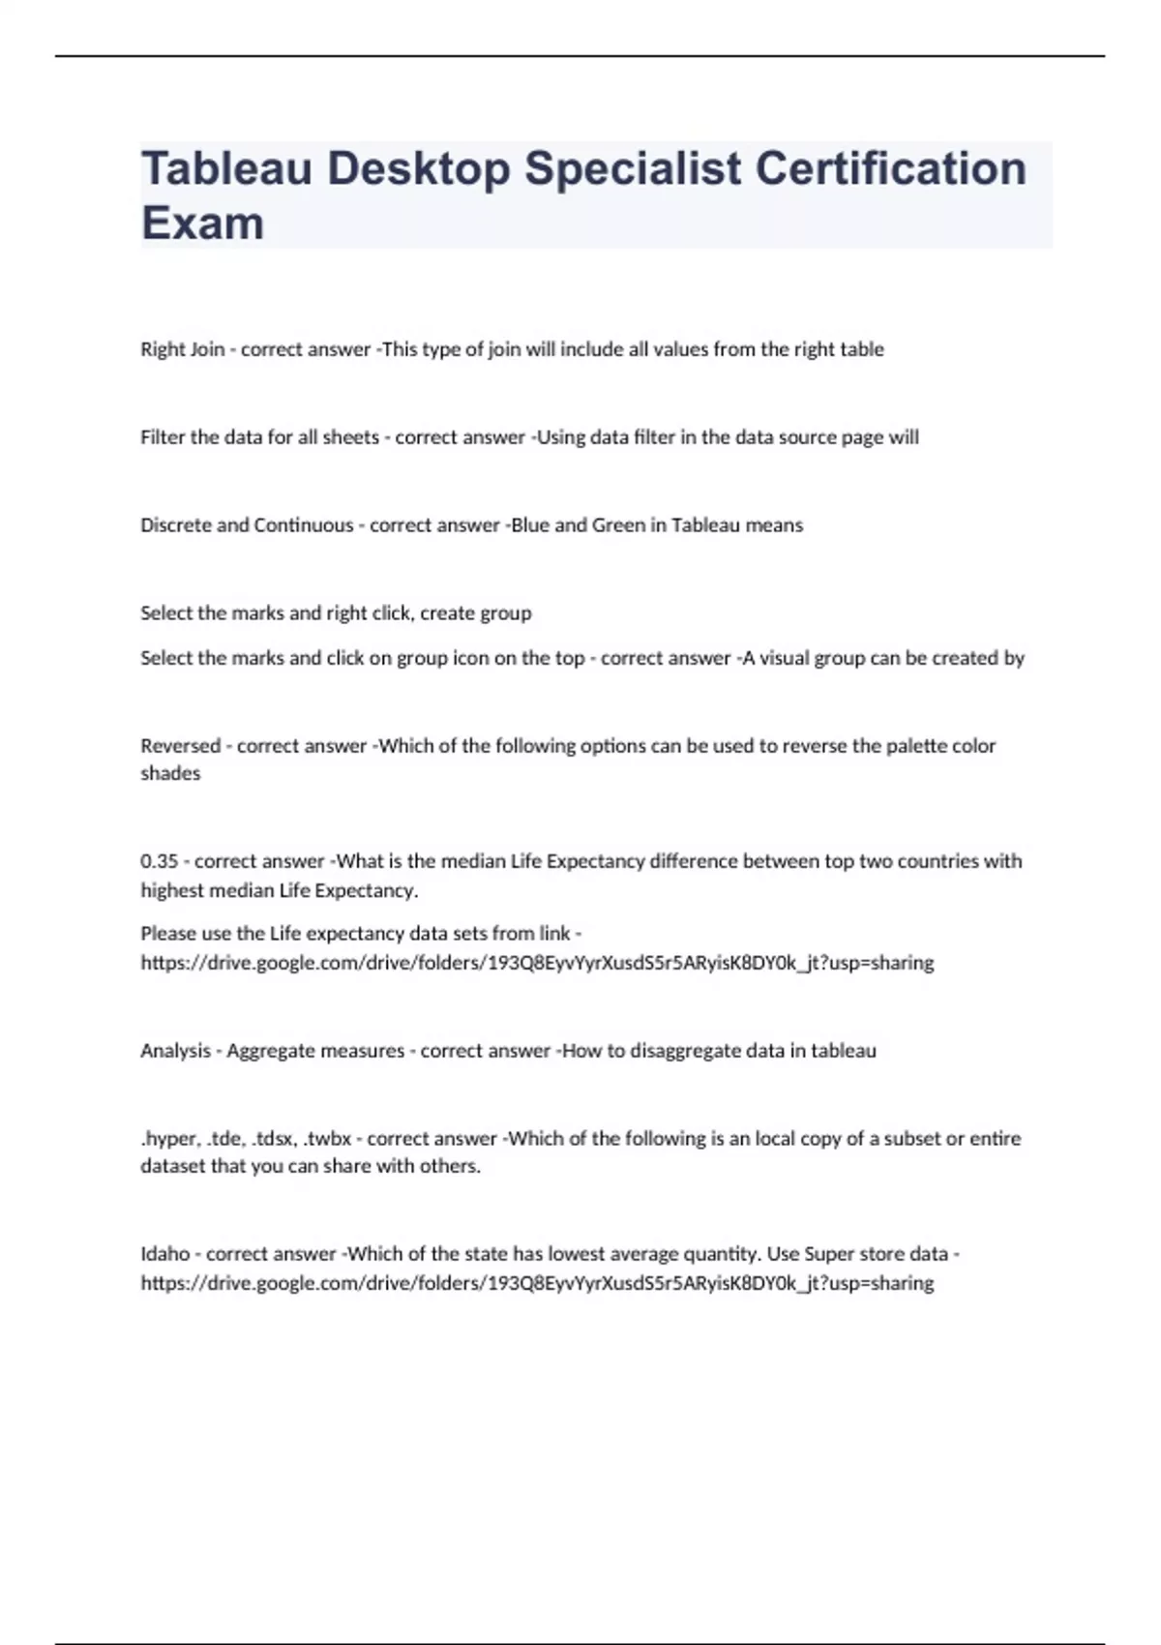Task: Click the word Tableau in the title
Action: [226, 168]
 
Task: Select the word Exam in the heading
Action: [202, 224]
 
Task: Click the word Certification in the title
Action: [890, 168]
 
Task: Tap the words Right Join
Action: [182, 349]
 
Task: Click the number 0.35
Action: [160, 861]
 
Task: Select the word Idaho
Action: [165, 1254]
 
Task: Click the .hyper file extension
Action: [169, 1139]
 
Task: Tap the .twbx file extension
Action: [327, 1139]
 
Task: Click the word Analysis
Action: [175, 1051]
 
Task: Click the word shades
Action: [170, 774]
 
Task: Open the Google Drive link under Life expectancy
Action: [537, 963]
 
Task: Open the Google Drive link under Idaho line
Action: [537, 1283]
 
